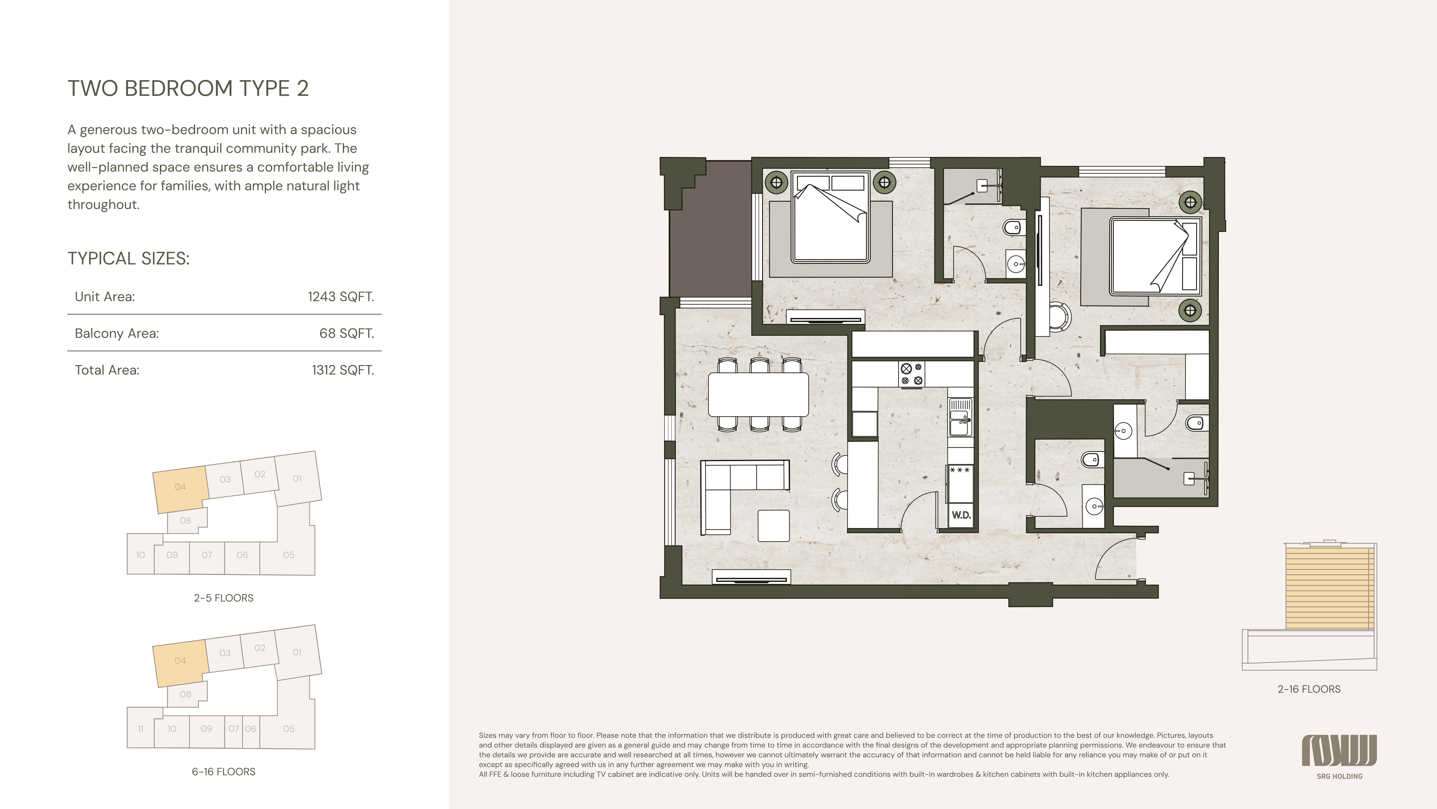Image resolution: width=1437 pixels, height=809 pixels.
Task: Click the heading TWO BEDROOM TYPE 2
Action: (x=188, y=88)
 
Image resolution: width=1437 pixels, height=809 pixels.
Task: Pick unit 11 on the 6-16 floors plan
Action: (x=141, y=729)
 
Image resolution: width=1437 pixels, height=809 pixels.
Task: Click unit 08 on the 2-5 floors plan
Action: (x=186, y=520)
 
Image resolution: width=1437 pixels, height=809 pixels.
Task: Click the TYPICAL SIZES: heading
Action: (x=129, y=259)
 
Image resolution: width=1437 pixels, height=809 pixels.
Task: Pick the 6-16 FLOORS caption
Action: (x=224, y=772)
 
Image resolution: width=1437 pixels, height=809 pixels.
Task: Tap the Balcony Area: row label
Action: (x=117, y=333)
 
